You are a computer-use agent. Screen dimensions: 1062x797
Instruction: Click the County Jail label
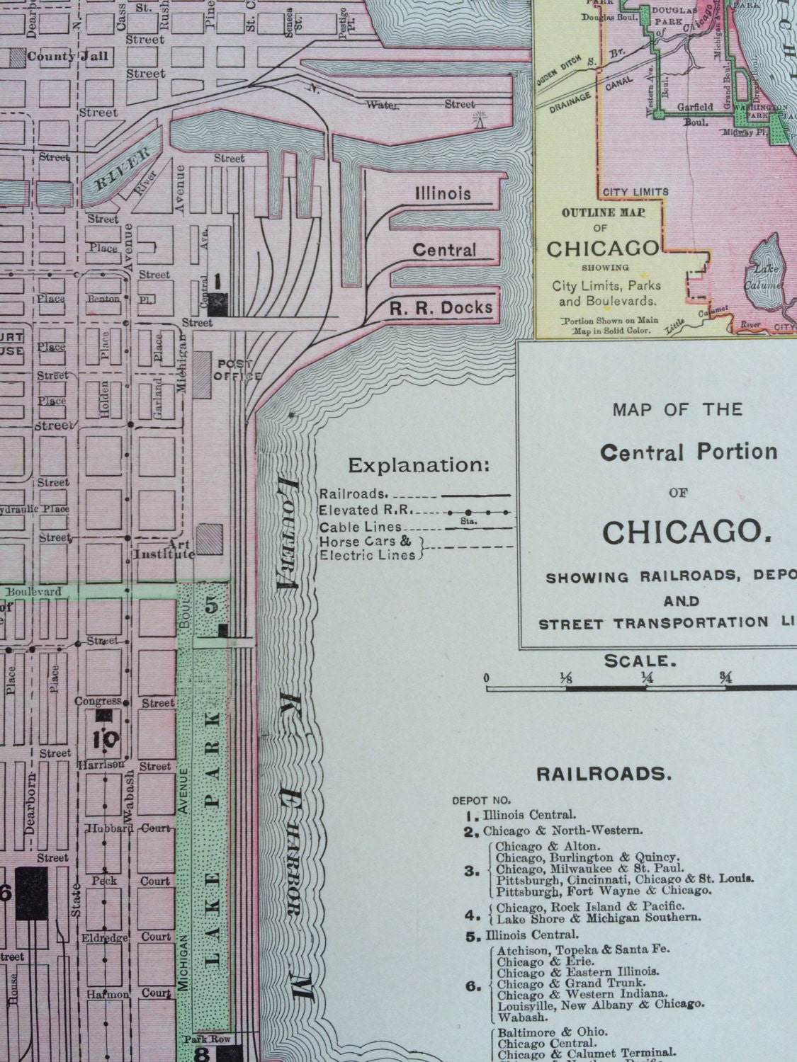click(69, 56)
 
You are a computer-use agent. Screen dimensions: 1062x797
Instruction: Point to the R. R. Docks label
click(441, 308)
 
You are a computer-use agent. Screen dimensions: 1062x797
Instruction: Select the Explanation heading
click(418, 465)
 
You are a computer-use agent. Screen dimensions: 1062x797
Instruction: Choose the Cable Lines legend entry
click(361, 527)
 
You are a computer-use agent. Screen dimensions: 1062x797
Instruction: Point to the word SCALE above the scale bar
click(636, 661)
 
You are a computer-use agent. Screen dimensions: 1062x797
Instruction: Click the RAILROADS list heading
click(602, 773)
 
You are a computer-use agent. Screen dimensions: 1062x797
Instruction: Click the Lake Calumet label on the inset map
click(764, 278)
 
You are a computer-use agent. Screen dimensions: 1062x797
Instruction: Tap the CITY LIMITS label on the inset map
click(635, 192)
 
